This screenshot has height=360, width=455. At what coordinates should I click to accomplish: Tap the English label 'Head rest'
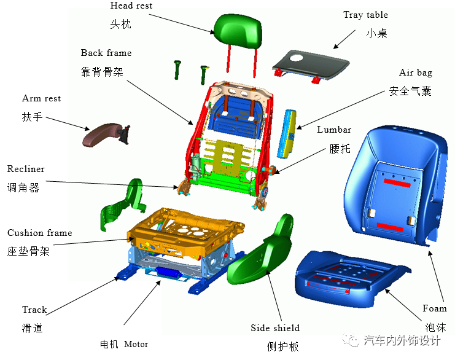(131, 6)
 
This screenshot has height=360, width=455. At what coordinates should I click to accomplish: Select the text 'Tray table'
(365, 15)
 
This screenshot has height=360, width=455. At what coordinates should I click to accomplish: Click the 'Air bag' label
(415, 72)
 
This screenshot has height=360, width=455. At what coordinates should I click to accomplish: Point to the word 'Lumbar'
(334, 130)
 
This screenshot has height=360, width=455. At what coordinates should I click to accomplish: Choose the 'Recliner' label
(26, 169)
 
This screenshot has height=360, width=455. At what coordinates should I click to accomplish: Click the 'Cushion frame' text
(39, 233)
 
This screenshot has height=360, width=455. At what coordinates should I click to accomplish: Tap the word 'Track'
(34, 310)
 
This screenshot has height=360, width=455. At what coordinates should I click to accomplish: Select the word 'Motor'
(136, 344)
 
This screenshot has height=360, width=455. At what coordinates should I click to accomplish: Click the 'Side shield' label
(275, 328)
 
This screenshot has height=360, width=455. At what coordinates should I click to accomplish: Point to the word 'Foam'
(434, 308)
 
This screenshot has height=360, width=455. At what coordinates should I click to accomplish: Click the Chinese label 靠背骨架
(102, 72)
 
